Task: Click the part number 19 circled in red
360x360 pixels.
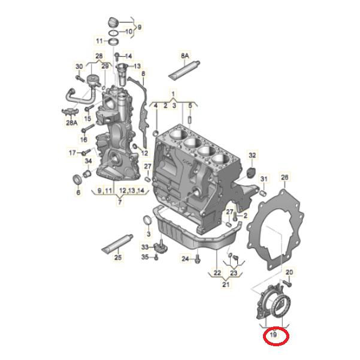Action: coord(273,336)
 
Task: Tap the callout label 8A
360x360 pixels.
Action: coord(184,56)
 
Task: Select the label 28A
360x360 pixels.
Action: coord(72,123)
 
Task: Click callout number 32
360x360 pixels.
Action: coord(252,156)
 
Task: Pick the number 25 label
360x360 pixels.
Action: coord(118,258)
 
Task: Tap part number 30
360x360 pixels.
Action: coord(78,66)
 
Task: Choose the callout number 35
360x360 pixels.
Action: coord(145,257)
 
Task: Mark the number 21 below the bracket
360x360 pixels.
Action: coord(225,285)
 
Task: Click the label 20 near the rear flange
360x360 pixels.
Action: coord(289,273)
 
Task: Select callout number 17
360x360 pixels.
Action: coord(72,153)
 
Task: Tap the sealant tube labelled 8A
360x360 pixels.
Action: coord(181,71)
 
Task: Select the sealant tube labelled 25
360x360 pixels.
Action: coord(117,243)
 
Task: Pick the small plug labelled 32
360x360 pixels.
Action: coord(250,174)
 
